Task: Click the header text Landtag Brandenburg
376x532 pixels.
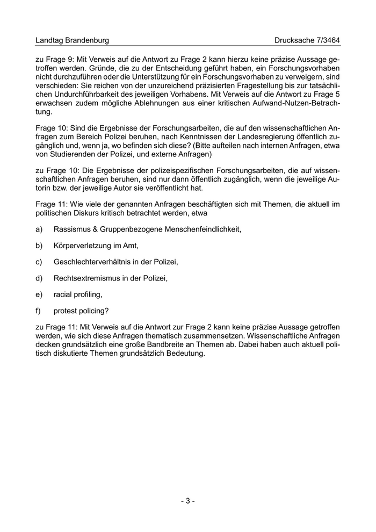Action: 72,40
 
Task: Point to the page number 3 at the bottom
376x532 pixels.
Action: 187,501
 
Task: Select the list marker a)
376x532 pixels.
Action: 39,229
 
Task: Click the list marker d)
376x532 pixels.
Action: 39,278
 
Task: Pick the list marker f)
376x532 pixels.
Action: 38,311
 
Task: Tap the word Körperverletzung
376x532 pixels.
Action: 81,246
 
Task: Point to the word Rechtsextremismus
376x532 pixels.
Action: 86,278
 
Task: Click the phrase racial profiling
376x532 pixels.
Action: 77,294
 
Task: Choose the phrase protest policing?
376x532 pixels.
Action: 81,311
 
